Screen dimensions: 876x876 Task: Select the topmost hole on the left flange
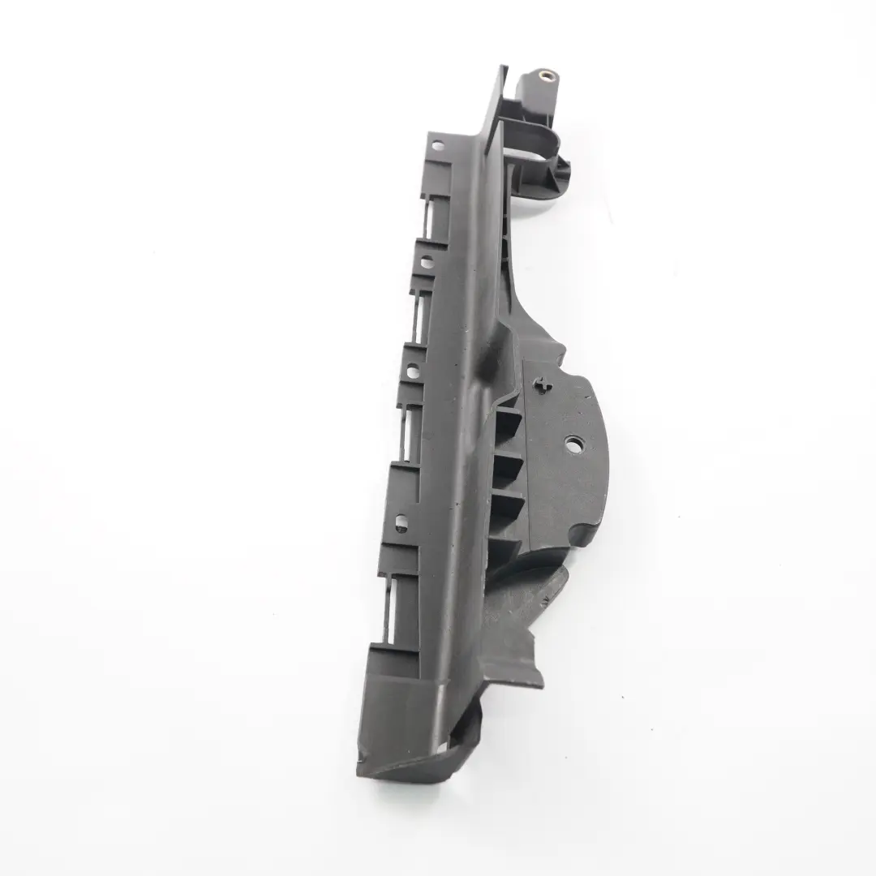click(x=438, y=147)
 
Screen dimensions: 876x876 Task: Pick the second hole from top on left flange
click(x=425, y=263)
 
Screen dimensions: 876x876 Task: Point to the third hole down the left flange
click(x=412, y=372)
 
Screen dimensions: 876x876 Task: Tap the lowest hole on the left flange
click(x=399, y=518)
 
